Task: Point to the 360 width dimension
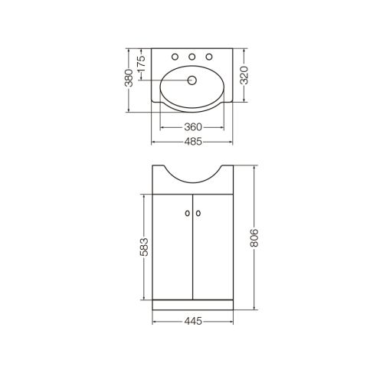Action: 192,126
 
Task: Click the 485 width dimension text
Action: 192,142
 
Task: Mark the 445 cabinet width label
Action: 192,321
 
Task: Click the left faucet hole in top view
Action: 175,57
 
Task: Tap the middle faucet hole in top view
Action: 192,57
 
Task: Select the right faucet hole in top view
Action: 208,57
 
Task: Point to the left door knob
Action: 186,214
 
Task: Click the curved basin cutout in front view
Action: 192,174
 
